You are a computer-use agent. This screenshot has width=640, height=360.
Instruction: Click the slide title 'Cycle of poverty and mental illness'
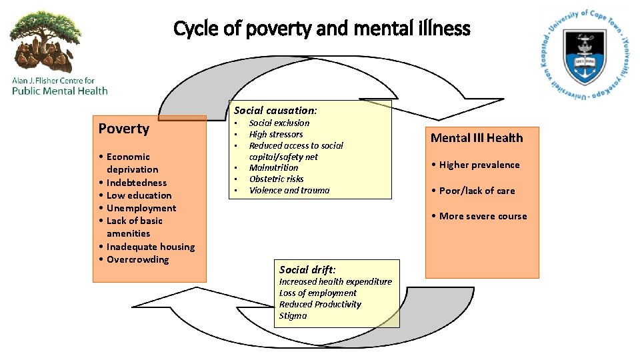[321, 29]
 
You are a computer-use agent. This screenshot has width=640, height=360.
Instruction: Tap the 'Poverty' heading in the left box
[124, 129]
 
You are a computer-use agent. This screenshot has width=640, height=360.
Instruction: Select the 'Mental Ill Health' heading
[477, 138]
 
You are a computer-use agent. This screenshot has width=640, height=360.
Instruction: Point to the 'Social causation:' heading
[275, 110]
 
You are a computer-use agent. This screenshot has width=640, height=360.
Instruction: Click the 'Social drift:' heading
[307, 269]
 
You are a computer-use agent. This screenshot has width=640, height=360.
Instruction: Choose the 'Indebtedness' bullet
[137, 183]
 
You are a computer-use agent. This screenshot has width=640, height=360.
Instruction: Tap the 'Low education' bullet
[139, 195]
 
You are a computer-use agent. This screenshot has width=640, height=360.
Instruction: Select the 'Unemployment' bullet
[141, 208]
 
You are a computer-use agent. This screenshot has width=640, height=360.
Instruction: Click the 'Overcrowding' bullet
[137, 259]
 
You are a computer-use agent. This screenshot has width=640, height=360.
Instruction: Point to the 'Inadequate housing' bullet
[151, 247]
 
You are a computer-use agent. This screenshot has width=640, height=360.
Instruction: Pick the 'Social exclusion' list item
[279, 123]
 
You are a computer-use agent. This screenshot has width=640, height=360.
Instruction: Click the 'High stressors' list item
[276, 134]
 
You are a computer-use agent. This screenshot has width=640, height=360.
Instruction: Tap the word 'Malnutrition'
[273, 168]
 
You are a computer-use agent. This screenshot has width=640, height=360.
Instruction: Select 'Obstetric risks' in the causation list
[276, 179]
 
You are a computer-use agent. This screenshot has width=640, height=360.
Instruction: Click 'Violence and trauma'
[289, 190]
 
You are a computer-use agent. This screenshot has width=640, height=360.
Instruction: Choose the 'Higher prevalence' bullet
[479, 165]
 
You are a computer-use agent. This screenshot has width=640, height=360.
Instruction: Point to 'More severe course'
[483, 216]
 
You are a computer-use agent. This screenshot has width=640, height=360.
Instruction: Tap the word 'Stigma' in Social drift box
[293, 315]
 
